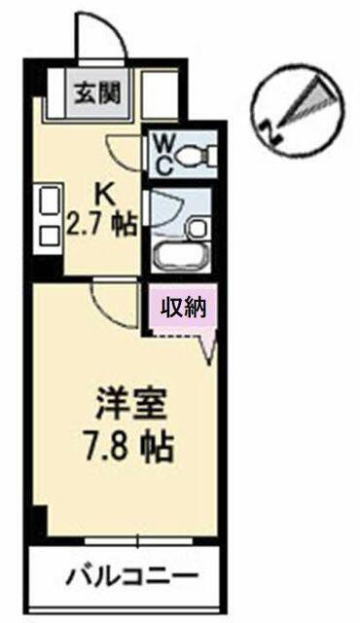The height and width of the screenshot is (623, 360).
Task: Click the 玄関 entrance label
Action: [98, 94]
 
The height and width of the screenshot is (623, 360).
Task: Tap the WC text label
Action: [163, 154]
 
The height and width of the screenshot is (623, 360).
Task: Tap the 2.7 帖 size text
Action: [101, 224]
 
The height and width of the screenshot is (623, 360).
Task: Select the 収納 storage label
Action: [183, 307]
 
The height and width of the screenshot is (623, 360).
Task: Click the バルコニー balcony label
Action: [131, 575]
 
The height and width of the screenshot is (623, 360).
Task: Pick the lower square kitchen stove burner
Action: [50, 237]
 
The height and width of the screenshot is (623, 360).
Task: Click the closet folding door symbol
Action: [207, 345]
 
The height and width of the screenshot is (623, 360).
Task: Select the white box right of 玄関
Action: [160, 95]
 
